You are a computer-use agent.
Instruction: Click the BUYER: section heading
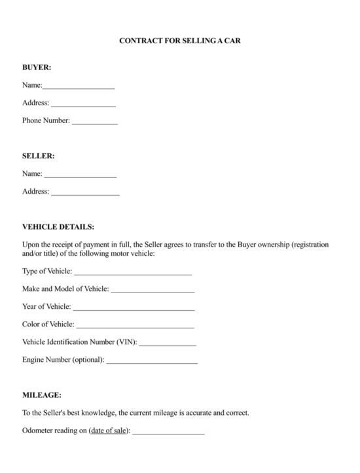pyautogui.click(x=37, y=67)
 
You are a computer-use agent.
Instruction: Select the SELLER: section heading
pyautogui.click(x=39, y=156)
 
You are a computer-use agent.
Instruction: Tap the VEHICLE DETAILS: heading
pyautogui.click(x=58, y=227)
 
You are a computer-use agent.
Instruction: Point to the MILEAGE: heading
pyautogui.click(x=42, y=395)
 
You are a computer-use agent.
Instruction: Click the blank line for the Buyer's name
pyautogui.click(x=79, y=86)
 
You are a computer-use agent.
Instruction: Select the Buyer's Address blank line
pyautogui.click(x=83, y=104)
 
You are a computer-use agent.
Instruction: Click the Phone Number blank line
pyautogui.click(x=94, y=122)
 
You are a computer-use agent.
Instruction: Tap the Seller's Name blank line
pyautogui.click(x=80, y=175)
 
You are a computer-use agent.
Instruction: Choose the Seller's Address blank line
pyautogui.click(x=85, y=192)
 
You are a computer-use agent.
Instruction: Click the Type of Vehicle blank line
pyautogui.click(x=133, y=272)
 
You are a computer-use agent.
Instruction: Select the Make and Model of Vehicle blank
pyautogui.click(x=153, y=290)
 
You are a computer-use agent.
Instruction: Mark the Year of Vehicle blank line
pyautogui.click(x=134, y=307)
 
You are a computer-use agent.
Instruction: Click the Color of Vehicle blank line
pyautogui.click(x=135, y=325)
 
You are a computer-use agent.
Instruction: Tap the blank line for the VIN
pyautogui.click(x=168, y=343)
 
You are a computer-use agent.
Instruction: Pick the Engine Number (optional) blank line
pyautogui.click(x=151, y=360)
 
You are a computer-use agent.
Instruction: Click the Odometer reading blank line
pyautogui.click(x=168, y=432)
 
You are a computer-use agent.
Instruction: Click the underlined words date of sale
pyautogui.click(x=109, y=431)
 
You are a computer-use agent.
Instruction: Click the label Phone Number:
pyautogui.click(x=46, y=120)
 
